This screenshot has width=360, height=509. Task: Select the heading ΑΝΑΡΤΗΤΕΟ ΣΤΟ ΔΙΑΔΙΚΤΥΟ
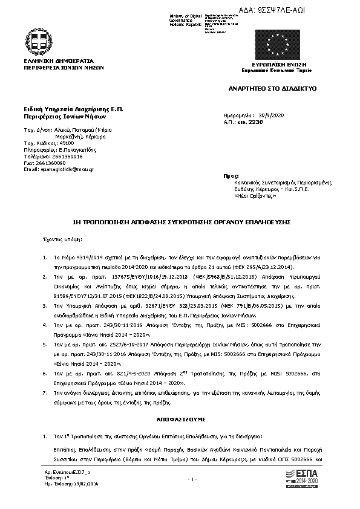tap(271, 88)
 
